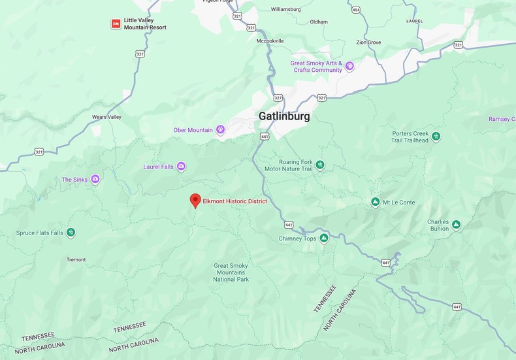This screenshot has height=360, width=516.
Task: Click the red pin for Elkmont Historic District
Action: [x=195, y=201]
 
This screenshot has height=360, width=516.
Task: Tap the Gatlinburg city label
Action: [x=284, y=116]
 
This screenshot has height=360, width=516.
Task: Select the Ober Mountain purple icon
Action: [x=220, y=130]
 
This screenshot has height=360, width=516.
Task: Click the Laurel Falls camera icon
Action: [x=181, y=167]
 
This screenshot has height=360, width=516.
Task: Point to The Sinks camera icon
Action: [x=95, y=179]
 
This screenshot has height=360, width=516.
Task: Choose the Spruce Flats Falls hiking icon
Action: [x=71, y=233]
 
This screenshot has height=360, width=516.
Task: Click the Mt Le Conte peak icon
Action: [x=375, y=202]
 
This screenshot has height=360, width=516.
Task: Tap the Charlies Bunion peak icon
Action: [x=456, y=225]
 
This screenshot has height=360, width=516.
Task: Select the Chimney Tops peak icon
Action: [x=323, y=238]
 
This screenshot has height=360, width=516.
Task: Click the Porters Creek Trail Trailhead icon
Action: [x=436, y=136]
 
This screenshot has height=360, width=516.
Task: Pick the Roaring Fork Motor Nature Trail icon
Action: [x=319, y=165]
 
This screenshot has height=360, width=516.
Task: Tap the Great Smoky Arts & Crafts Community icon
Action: [x=349, y=66]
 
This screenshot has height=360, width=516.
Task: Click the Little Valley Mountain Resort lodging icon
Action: [x=116, y=24]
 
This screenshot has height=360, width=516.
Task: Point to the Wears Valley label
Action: [x=106, y=117]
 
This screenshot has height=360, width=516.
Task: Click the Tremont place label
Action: [x=76, y=259]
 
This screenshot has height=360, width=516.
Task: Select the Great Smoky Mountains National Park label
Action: [x=231, y=272]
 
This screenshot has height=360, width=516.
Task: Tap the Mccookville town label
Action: [x=270, y=41]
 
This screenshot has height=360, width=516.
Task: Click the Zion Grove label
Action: [x=368, y=42]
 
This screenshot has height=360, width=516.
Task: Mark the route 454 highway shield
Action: [x=355, y=9]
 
